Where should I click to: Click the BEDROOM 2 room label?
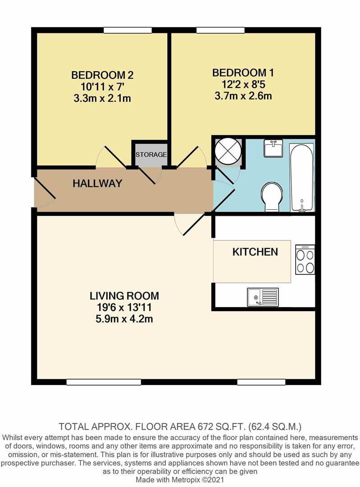coord(103,75)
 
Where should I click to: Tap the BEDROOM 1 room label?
coord(243,73)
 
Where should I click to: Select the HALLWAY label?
coord(98,184)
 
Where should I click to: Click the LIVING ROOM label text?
coord(124,296)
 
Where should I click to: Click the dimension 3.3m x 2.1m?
coord(103,98)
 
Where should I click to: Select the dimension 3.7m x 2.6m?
coord(243,96)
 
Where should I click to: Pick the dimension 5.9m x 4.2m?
coord(124,320)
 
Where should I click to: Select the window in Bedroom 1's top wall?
coord(221,30)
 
